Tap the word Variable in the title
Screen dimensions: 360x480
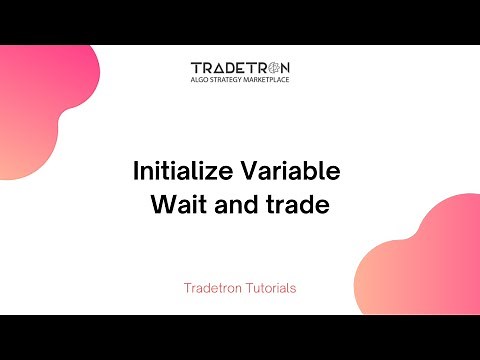292,171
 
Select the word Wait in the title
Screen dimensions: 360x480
174,206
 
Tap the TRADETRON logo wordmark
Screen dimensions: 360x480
240,68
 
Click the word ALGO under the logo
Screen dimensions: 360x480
200,81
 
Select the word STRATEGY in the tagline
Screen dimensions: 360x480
230,81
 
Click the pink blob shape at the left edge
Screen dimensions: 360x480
40,100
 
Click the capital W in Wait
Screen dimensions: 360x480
161,206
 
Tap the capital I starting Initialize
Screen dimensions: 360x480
136,171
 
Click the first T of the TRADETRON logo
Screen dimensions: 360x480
195,68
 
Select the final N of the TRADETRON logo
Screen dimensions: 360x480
285,68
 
